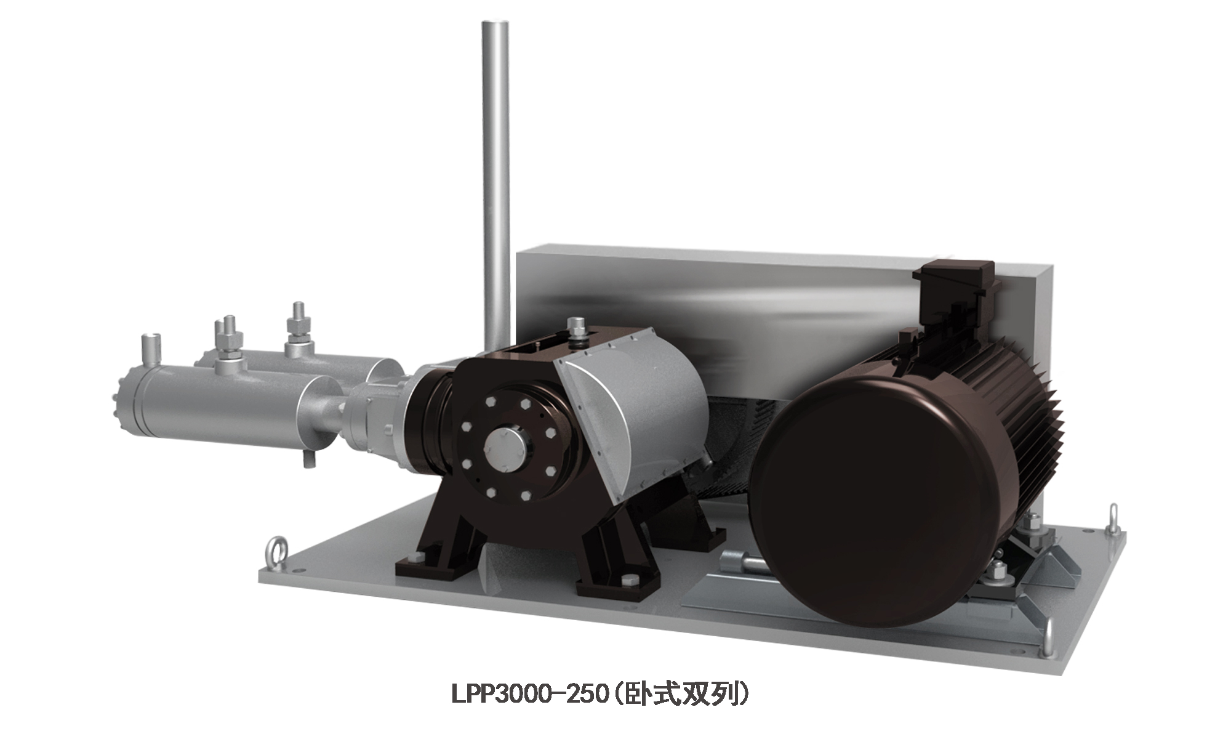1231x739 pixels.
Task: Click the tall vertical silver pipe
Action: pos(496,185)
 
